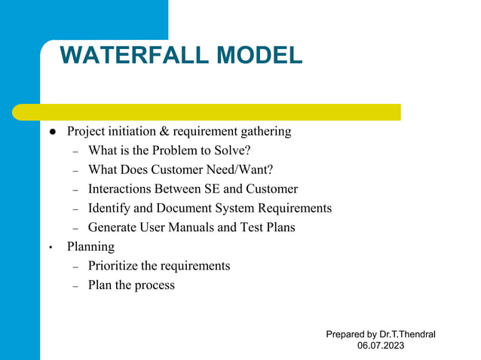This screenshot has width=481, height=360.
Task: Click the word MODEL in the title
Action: (259, 56)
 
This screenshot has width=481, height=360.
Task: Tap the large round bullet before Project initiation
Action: (54, 132)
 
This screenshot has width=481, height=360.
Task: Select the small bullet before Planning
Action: (50, 247)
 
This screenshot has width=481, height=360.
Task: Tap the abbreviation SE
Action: (216, 189)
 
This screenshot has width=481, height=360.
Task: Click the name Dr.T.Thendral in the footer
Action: (407, 334)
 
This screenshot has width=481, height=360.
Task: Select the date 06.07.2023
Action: (381, 346)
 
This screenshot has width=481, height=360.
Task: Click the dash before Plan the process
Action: (75, 286)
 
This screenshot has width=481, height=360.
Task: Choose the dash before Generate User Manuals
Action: (75, 228)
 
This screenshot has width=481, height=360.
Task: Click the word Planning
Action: (90, 247)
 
